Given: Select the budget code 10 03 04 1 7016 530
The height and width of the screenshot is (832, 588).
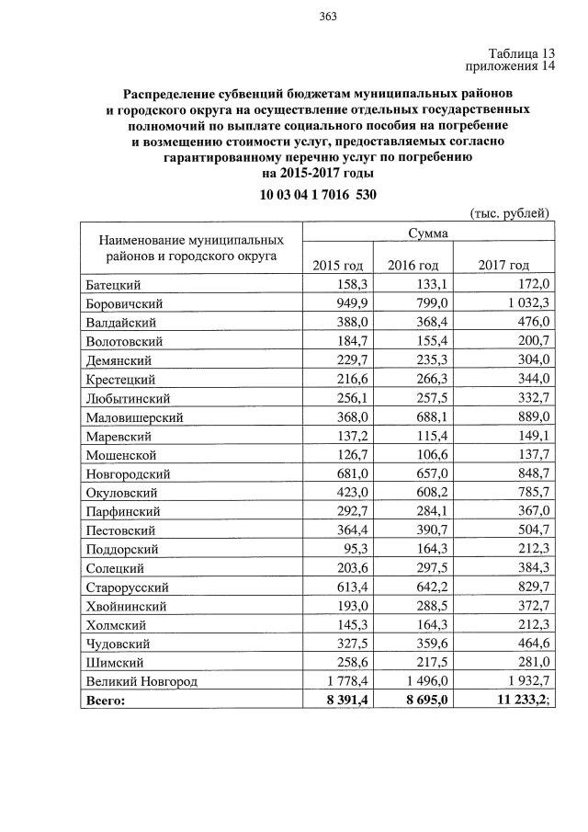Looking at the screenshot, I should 318,195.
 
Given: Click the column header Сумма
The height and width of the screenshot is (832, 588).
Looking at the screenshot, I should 429,234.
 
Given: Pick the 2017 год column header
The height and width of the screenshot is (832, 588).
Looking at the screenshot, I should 504,265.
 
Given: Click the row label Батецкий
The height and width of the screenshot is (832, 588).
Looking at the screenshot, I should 113,284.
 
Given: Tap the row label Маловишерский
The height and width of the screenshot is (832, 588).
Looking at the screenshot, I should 134,416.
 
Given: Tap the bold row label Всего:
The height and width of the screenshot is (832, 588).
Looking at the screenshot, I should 105,701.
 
